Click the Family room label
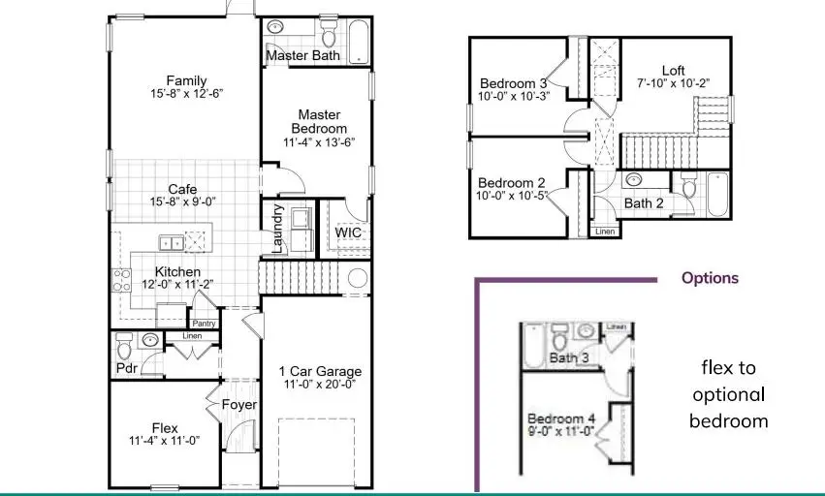[186, 80]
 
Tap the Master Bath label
[301, 56]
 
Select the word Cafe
[183, 190]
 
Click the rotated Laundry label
[278, 229]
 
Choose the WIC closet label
[348, 233]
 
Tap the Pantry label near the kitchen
[204, 324]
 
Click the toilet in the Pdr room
[123, 346]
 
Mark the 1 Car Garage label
[320, 371]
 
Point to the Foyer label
[238, 405]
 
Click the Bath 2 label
[643, 203]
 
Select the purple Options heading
[710, 278]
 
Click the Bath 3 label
[569, 358]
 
